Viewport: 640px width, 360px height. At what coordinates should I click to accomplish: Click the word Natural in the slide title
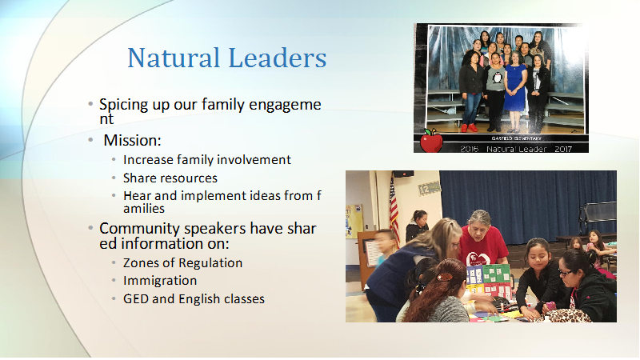174,58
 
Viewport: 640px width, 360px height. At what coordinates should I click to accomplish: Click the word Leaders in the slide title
277,58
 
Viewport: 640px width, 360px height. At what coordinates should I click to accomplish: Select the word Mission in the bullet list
130,141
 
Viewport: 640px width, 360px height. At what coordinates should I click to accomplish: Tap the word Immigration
160,281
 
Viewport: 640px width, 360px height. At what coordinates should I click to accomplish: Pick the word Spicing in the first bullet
124,106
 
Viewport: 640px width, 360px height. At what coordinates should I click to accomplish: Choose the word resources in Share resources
194,178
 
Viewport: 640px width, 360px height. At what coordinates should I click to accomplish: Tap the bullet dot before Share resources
114,178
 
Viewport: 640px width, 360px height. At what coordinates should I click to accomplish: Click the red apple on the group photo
431,141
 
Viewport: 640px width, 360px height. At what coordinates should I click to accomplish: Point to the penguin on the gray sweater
497,77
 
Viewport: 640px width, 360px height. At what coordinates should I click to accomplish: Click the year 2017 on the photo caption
563,149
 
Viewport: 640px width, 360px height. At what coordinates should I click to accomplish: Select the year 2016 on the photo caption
469,149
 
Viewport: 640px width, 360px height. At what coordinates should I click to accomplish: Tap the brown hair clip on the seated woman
445,277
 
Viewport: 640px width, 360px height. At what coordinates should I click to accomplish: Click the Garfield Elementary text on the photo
516,138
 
